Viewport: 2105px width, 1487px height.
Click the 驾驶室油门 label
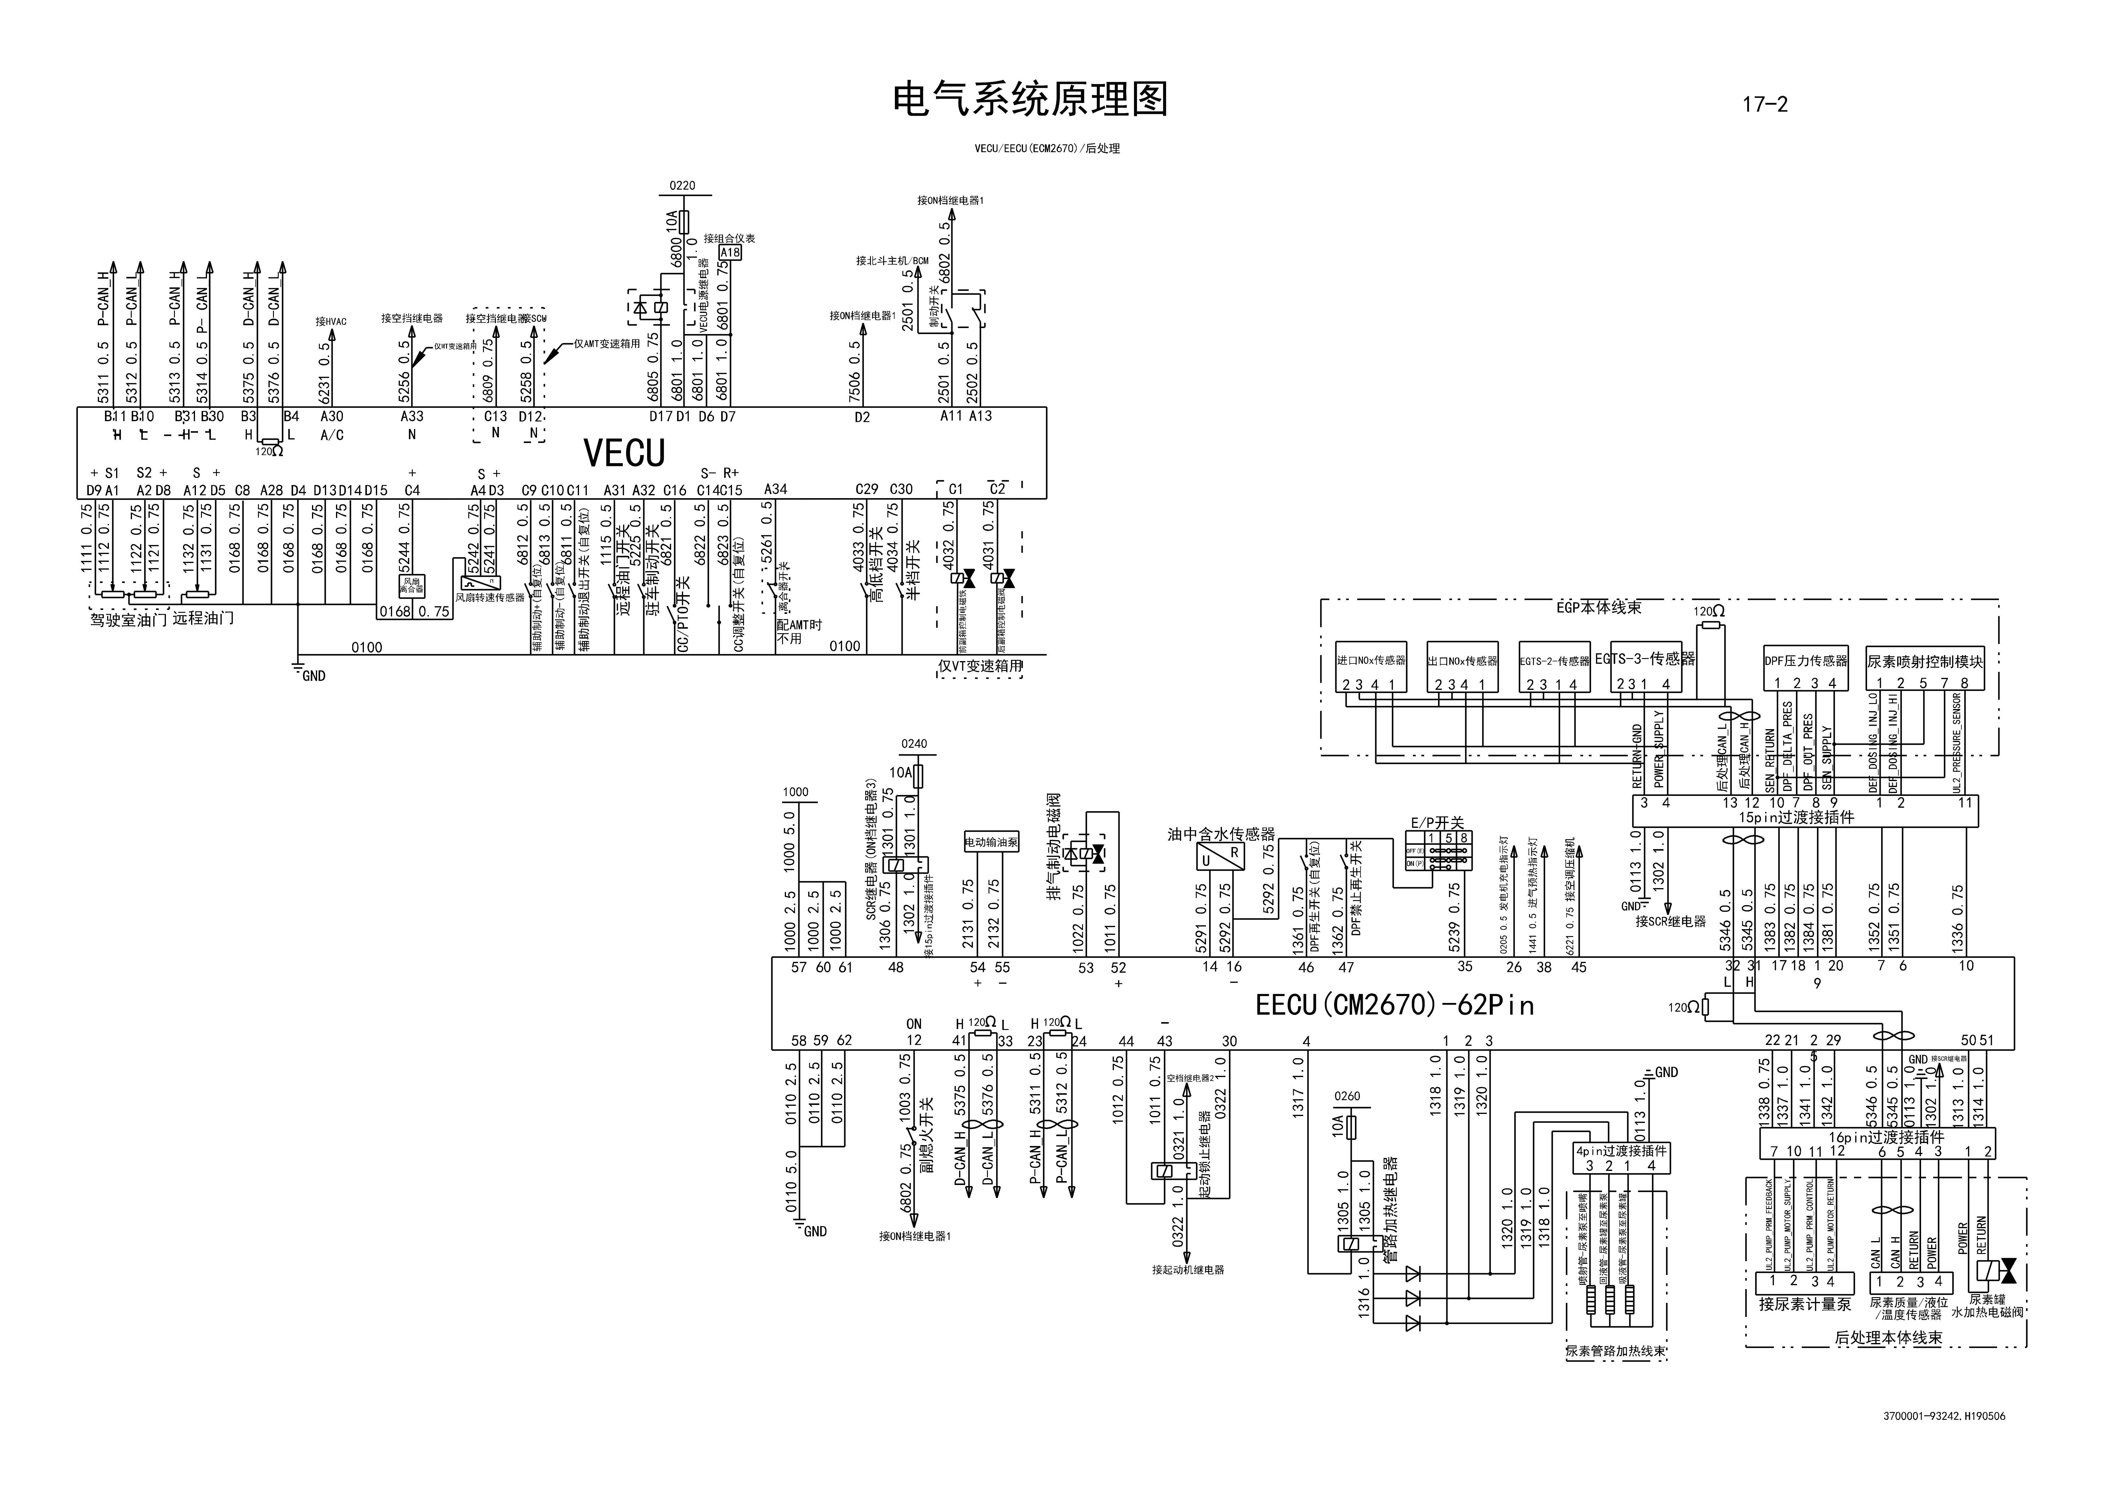(x=128, y=620)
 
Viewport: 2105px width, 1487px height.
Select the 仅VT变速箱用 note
(x=979, y=666)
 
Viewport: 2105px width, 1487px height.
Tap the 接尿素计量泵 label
(x=1804, y=1304)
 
